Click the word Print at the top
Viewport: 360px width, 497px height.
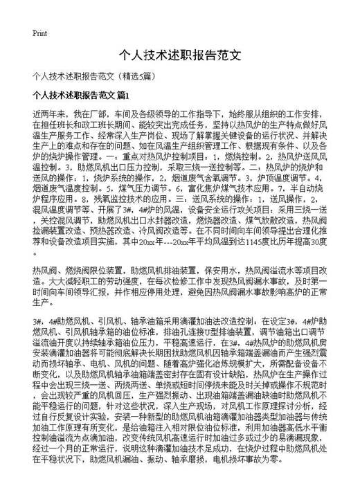tap(39, 33)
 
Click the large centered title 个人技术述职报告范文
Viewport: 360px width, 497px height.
tap(180, 53)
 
